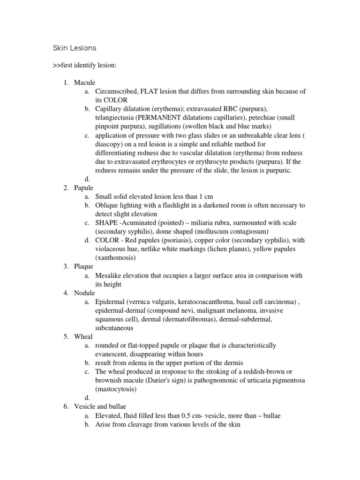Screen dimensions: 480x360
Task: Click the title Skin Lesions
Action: [74, 48]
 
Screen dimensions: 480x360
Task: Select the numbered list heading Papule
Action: [84, 187]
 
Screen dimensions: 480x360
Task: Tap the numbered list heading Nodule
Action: [84, 293]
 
